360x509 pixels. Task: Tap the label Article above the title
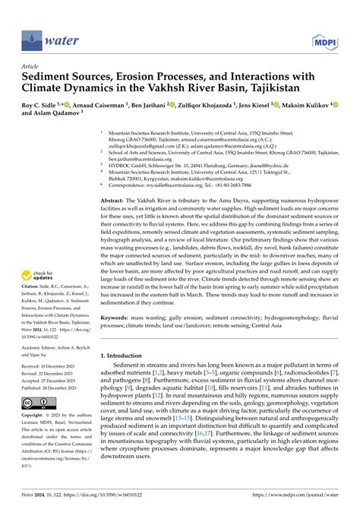coord(33,67)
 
